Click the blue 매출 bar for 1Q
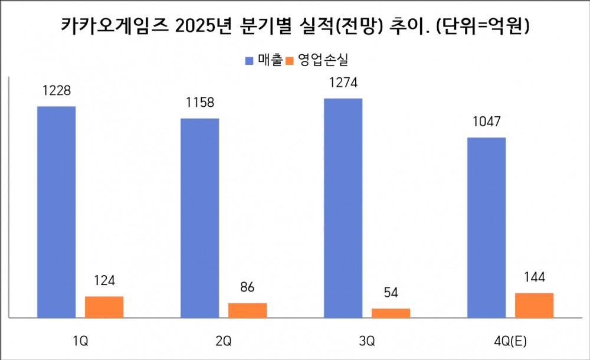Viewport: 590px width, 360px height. click(x=56, y=212)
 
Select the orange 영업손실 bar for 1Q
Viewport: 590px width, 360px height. click(x=104, y=307)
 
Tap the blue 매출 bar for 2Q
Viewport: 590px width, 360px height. click(x=199, y=218)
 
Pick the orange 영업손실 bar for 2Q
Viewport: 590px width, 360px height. click(x=247, y=310)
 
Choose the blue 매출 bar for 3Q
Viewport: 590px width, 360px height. click(x=343, y=208)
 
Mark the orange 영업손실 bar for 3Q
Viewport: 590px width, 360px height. click(x=391, y=313)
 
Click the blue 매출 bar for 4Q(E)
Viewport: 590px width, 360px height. click(x=486, y=228)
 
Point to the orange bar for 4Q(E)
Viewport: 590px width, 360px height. click(x=534, y=305)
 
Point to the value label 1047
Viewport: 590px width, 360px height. click(x=486, y=122)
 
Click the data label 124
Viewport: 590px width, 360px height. click(x=104, y=280)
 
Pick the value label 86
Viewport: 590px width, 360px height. click(x=247, y=288)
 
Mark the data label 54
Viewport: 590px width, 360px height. click(x=391, y=293)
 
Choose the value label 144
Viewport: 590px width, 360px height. click(x=534, y=277)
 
